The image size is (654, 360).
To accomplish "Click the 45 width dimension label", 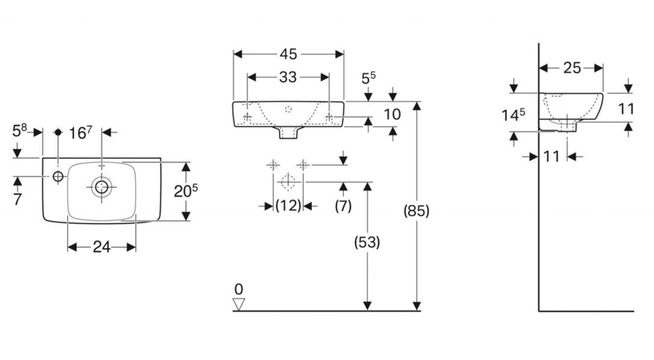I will tap(289, 55).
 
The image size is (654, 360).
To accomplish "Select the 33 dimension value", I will tap(288, 77).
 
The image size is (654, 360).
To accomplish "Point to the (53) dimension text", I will tap(367, 242).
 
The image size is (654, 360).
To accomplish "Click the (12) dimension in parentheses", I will tap(288, 206).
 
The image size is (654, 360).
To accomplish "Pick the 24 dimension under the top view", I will tap(102, 247).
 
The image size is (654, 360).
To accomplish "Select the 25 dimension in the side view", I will tap(572, 68).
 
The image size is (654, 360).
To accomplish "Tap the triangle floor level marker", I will tap(239, 304).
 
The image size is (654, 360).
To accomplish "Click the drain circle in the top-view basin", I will tap(102, 186).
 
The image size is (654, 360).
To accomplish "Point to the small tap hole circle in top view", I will tap(58, 176).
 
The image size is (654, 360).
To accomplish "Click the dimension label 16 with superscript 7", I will tap(81, 133).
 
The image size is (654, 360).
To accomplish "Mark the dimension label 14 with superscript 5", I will tap(513, 116).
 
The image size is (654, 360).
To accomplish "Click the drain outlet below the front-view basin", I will tap(288, 131).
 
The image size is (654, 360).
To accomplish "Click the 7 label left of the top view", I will tap(17, 199).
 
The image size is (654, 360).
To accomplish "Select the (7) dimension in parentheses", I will tap(344, 206).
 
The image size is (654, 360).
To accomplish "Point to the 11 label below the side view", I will tap(552, 155).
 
